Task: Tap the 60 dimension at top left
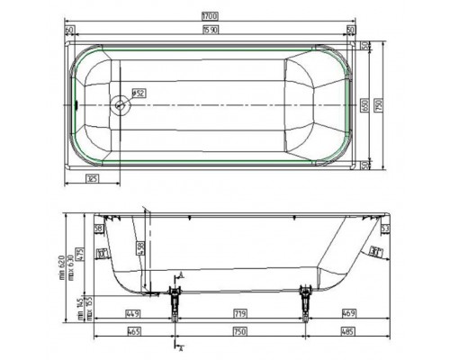click(69, 30)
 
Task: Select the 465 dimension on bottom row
click(132, 332)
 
